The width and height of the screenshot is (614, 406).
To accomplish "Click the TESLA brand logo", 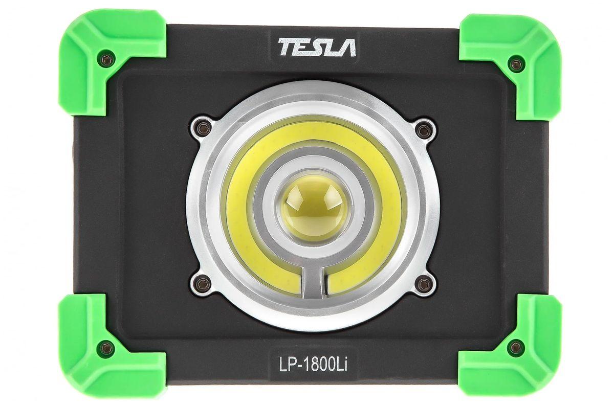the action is coord(317,47).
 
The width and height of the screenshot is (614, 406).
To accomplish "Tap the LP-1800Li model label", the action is coord(314,364).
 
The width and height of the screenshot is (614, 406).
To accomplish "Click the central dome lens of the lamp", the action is coord(315,208).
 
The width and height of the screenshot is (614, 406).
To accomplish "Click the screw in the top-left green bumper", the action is coord(106,59).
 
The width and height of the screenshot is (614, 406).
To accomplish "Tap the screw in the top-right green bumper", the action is coord(516,64).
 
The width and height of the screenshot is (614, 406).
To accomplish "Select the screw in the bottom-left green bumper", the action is coord(106,348).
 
